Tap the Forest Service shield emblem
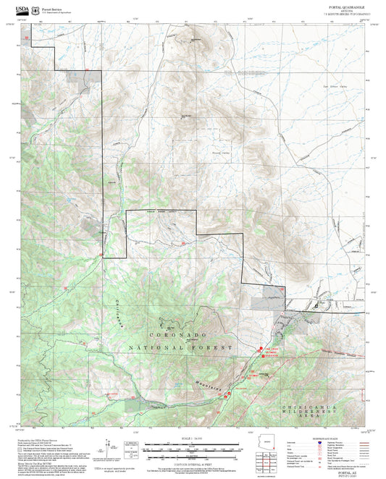(x=37, y=9)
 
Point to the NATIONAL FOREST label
(x=181, y=348)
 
